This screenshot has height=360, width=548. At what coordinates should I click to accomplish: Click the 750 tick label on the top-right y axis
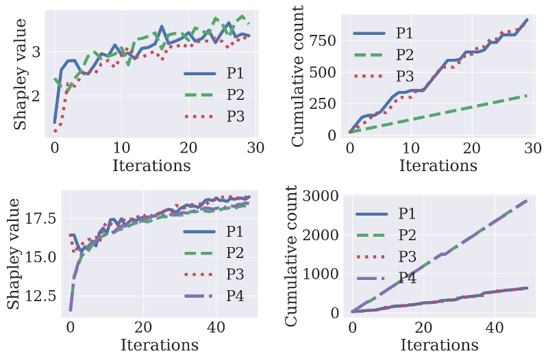point(327,41)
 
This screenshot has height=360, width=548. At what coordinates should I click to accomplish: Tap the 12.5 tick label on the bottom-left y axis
point(40,296)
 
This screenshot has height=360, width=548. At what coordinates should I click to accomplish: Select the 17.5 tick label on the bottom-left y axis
point(40,218)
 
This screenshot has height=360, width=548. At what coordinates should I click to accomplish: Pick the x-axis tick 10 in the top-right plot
point(410,148)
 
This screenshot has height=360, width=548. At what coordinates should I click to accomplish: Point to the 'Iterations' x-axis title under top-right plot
point(438,165)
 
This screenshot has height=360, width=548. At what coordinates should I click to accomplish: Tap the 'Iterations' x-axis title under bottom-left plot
point(160,344)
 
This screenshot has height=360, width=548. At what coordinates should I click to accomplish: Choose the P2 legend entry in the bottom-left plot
point(236,252)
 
